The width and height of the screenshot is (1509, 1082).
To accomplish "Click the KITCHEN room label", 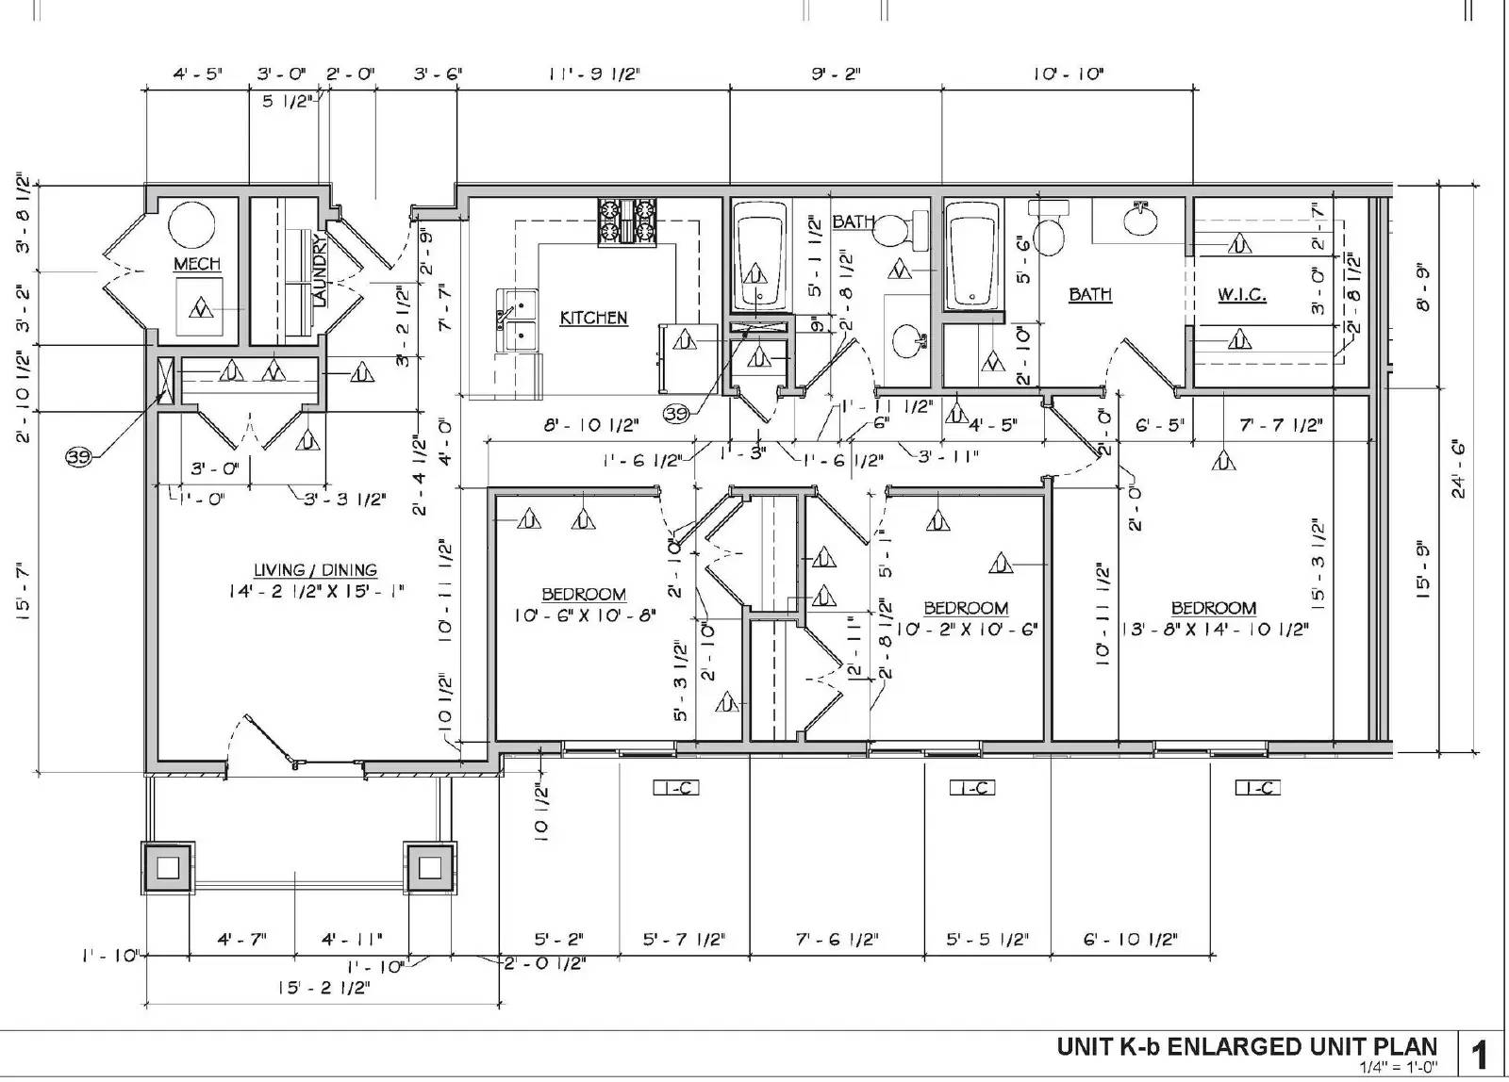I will (593, 318).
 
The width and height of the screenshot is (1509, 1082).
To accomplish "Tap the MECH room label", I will (197, 264).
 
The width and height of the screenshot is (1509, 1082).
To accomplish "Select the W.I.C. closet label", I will (1241, 295).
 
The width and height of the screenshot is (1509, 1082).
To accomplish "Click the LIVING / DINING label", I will (315, 570).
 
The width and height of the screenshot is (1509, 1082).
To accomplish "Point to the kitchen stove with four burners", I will (626, 223).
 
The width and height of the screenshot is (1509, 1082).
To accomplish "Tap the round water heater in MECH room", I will (192, 224).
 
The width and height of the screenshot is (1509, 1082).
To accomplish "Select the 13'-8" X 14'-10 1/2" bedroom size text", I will (1214, 629).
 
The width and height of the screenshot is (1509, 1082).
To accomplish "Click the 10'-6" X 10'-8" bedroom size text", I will (585, 615).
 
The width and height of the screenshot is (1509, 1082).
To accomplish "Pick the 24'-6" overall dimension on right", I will (1458, 468).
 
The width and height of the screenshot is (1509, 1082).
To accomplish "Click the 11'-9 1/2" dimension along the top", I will (594, 74).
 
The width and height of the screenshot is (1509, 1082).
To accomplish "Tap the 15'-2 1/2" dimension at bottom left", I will (323, 988).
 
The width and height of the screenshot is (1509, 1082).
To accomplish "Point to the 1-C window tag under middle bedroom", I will (971, 788).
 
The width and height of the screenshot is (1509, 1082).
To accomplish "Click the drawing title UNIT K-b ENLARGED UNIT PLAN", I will (1247, 1046).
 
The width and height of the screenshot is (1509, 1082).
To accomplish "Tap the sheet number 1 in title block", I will (1480, 1054).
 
